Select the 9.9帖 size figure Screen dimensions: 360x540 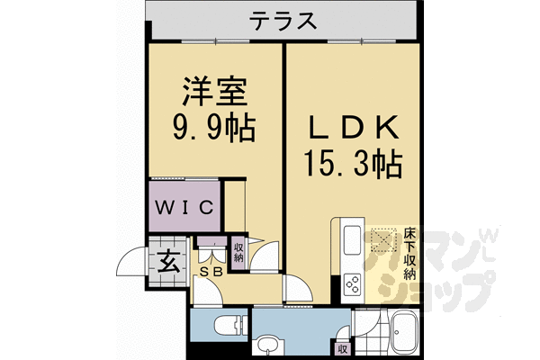coord(213,127)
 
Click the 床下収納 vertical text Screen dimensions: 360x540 coord(409,255)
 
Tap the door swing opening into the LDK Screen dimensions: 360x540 coord(296,288)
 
